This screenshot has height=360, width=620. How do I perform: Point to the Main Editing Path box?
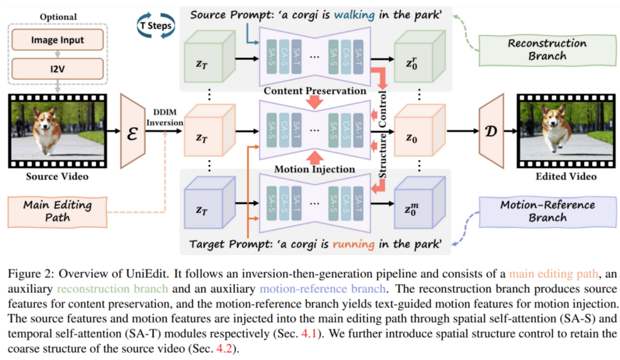coord(57,211)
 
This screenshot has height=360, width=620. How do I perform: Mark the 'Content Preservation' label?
coord(315,91)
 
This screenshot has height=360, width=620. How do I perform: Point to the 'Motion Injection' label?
coord(315,169)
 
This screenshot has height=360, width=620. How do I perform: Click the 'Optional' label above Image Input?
coord(57,17)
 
